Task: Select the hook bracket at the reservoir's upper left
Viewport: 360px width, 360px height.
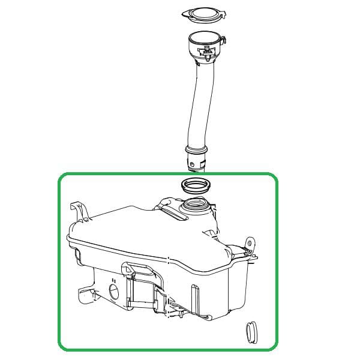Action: point(79,210)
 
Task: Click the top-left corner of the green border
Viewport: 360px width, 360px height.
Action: point(60,176)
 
